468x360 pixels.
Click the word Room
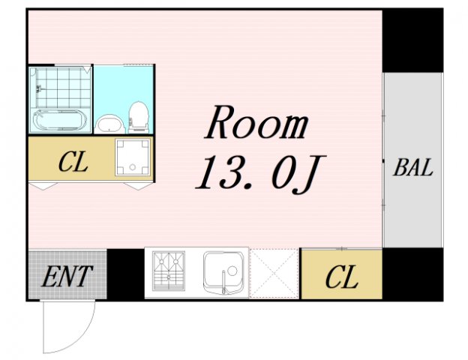(256, 122)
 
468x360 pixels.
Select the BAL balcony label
(413, 167)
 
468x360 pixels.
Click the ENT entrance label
(66, 277)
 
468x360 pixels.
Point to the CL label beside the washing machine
(73, 162)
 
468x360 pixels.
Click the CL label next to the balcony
(342, 277)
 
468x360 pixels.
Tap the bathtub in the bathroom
(60, 120)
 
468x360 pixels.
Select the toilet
(139, 117)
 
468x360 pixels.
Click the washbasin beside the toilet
(109, 124)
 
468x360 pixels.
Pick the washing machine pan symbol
(133, 157)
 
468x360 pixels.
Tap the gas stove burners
(169, 271)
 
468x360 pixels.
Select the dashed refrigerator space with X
(274, 274)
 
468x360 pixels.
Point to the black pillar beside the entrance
(126, 274)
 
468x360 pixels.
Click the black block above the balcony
(412, 41)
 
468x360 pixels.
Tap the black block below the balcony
(412, 274)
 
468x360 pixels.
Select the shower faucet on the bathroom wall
(39, 88)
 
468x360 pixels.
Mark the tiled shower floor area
(63, 88)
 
